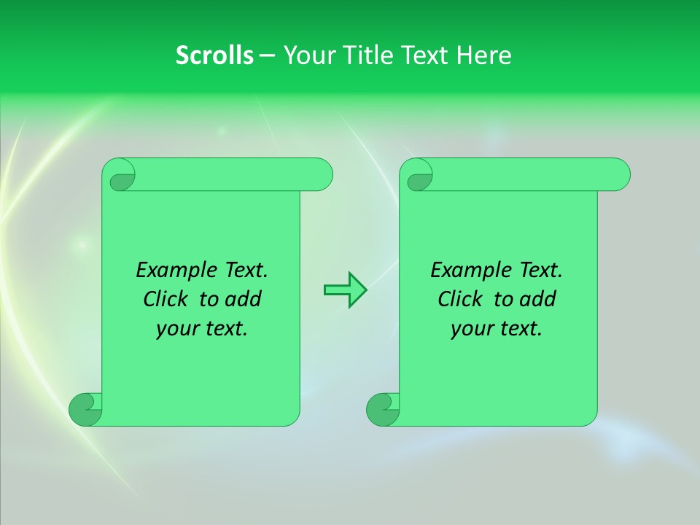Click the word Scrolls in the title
(214, 55)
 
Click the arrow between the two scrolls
(345, 290)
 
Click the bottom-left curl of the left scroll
(86, 409)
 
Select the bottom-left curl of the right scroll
(383, 409)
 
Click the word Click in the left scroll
(169, 299)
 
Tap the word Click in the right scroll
(464, 299)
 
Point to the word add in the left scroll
(244, 299)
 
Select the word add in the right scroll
(539, 299)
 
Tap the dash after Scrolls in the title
(267, 55)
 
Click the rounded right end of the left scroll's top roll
(322, 175)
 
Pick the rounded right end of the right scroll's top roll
(619, 175)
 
